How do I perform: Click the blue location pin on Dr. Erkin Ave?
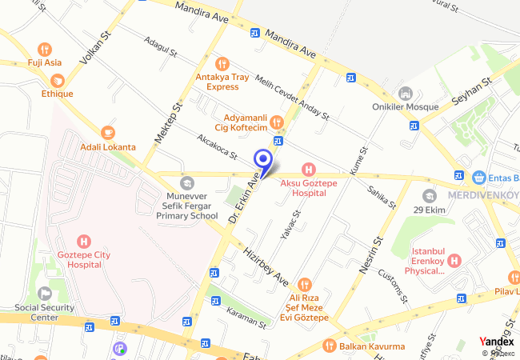(x=262, y=158)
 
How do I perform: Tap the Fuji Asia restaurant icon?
(x=46, y=47)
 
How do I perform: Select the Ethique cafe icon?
(x=58, y=80)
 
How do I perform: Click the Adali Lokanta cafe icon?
(x=107, y=132)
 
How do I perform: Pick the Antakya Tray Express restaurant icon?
(x=223, y=62)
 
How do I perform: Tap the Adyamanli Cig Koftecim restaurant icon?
(x=276, y=122)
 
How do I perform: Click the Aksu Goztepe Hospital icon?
(x=308, y=170)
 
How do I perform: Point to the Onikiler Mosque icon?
(x=405, y=93)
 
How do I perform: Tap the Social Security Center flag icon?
(x=45, y=293)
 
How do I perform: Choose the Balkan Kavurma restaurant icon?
(x=328, y=346)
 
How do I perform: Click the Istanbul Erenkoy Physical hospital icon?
(x=454, y=260)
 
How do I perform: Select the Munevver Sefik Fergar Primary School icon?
(x=186, y=183)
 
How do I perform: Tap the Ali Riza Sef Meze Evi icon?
(x=304, y=284)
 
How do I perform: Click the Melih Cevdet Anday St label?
(x=293, y=98)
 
